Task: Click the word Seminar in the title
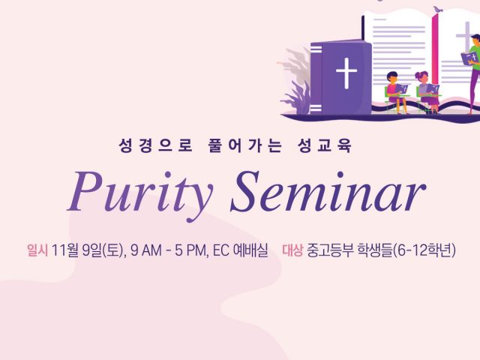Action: [x=328, y=192]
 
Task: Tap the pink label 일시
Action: [x=37, y=250]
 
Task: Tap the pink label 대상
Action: [x=292, y=250]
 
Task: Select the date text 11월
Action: [x=65, y=250]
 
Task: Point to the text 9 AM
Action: [x=146, y=250]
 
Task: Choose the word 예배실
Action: [x=250, y=250]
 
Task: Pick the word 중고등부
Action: [x=328, y=250]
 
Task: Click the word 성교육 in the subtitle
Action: [x=324, y=145]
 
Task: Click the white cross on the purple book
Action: [x=346, y=73]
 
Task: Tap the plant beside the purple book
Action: [x=295, y=81]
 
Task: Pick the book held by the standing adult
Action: [x=469, y=58]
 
